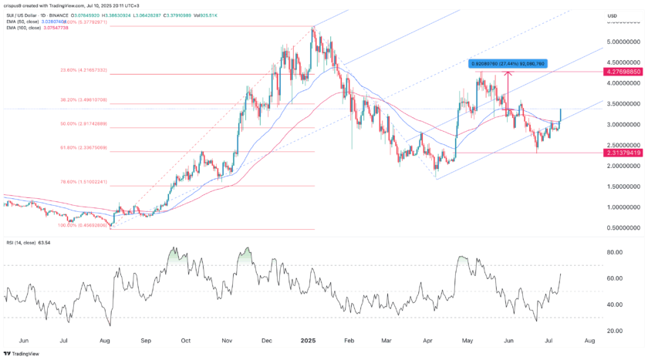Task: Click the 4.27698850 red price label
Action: click(x=623, y=72)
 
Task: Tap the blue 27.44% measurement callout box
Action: click(x=508, y=63)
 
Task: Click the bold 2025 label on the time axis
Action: click(x=308, y=340)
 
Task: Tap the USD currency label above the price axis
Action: click(x=613, y=15)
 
